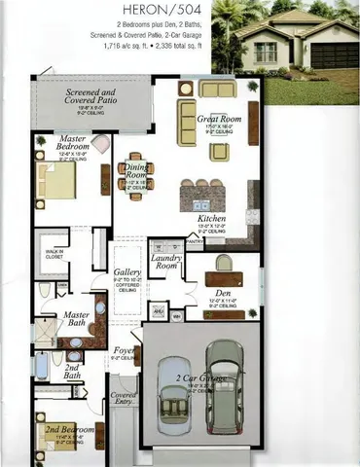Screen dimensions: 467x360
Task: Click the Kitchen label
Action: click(x=211, y=219)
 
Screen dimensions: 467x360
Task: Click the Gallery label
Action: click(x=127, y=272)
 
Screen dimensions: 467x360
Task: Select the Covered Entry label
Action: click(x=124, y=400)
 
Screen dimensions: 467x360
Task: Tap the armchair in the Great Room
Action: click(x=220, y=151)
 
